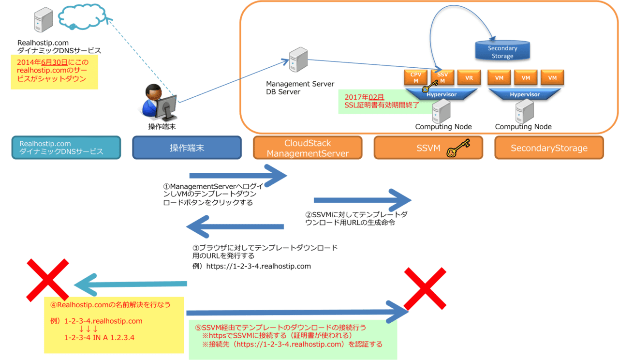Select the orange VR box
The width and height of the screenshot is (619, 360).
tap(469, 78)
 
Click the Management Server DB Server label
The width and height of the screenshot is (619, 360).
tap(300, 88)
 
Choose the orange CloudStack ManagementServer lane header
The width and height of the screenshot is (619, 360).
tap(308, 148)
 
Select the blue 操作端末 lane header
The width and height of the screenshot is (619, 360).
tap(187, 148)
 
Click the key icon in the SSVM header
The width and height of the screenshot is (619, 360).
tap(457, 148)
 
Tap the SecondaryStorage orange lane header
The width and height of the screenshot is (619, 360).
tap(549, 148)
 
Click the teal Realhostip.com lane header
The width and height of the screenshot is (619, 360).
tap(66, 148)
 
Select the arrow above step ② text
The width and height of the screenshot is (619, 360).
tap(362, 200)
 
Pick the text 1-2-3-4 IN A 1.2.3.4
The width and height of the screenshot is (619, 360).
tap(99, 337)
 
